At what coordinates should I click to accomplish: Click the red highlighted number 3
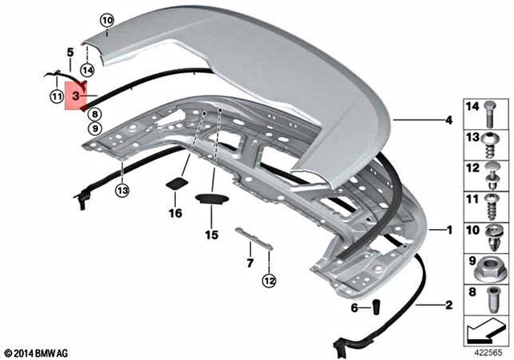click(75, 96)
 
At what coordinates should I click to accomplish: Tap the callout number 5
click(71, 52)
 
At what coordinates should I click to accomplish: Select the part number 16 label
click(175, 213)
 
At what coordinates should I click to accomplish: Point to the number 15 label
click(211, 235)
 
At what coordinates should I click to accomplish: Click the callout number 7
click(250, 262)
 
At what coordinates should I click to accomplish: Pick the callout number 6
click(354, 308)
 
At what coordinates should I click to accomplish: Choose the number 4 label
click(450, 121)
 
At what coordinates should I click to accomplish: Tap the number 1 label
click(451, 231)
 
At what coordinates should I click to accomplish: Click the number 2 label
click(450, 305)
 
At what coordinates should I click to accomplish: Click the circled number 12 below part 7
click(267, 280)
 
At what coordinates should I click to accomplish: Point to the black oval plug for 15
click(210, 200)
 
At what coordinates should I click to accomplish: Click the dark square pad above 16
click(174, 183)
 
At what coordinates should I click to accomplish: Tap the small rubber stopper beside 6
click(374, 307)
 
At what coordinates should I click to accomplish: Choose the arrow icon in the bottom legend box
click(485, 327)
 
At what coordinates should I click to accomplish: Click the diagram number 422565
click(489, 351)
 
